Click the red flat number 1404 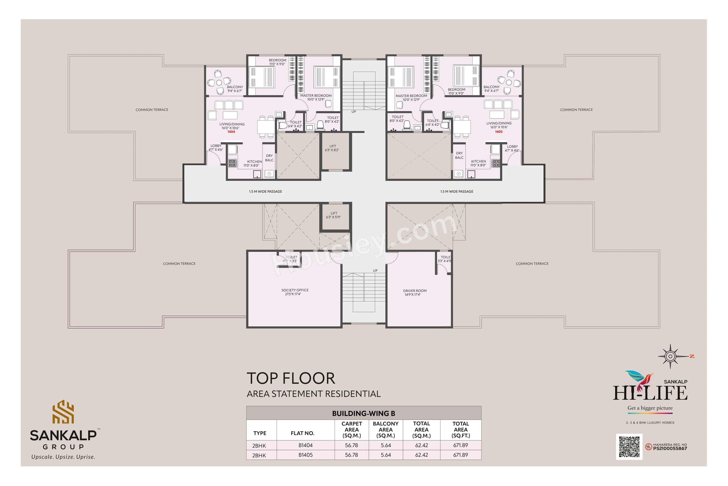(x=231, y=132)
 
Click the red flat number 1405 (x=499, y=132)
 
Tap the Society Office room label (x=295, y=292)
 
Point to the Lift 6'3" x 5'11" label (x=333, y=215)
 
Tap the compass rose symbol (x=670, y=356)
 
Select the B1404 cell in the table (x=306, y=445)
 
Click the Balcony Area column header (x=385, y=430)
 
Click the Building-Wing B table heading (x=363, y=414)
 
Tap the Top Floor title (x=291, y=378)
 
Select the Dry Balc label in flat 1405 (x=459, y=155)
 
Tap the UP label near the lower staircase (x=375, y=271)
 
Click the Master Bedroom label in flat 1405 (x=411, y=98)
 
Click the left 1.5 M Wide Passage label (x=265, y=192)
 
